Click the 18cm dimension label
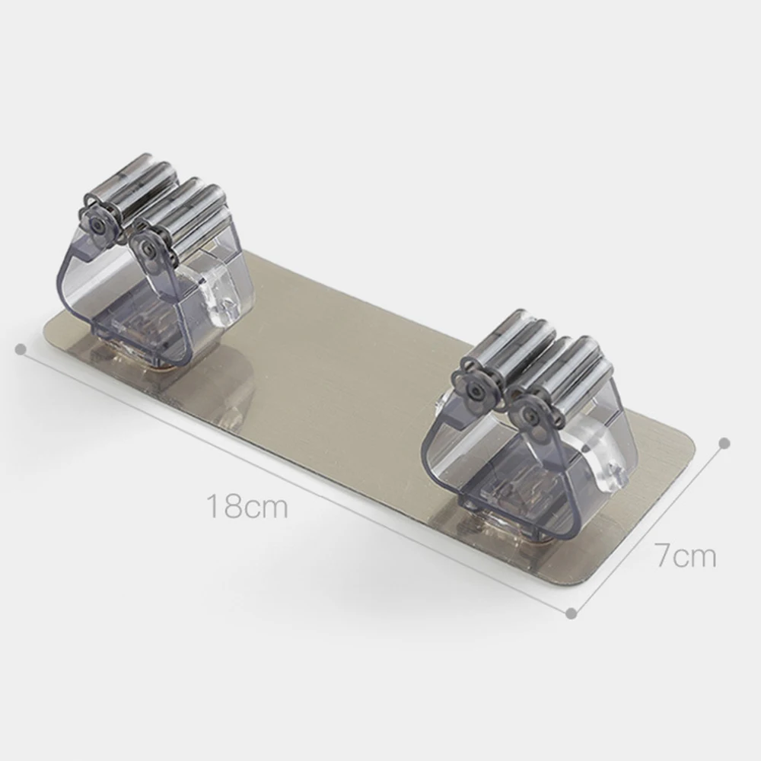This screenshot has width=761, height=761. pyautogui.click(x=248, y=506)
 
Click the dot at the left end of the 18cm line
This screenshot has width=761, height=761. pyautogui.click(x=21, y=349)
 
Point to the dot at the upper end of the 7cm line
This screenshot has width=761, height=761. pyautogui.click(x=724, y=442)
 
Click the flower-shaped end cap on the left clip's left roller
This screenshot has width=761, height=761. pyautogui.click(x=97, y=220)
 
